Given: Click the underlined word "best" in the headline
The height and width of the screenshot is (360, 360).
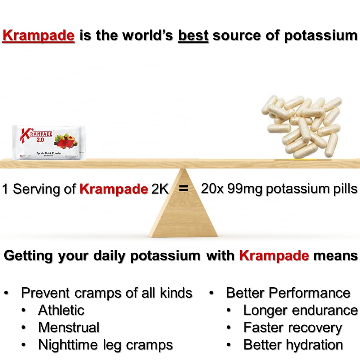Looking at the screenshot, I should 193,36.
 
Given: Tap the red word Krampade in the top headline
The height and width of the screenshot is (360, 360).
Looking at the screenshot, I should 39,36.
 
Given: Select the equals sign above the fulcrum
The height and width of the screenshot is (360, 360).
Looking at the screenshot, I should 184,188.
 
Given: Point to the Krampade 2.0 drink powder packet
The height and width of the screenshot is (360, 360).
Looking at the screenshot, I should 49,142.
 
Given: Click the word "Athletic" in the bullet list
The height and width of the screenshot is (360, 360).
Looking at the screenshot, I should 61,310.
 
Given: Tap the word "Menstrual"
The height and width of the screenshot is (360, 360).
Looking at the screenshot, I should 69,327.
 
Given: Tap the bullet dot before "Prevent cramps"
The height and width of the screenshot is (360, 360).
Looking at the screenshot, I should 6,293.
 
